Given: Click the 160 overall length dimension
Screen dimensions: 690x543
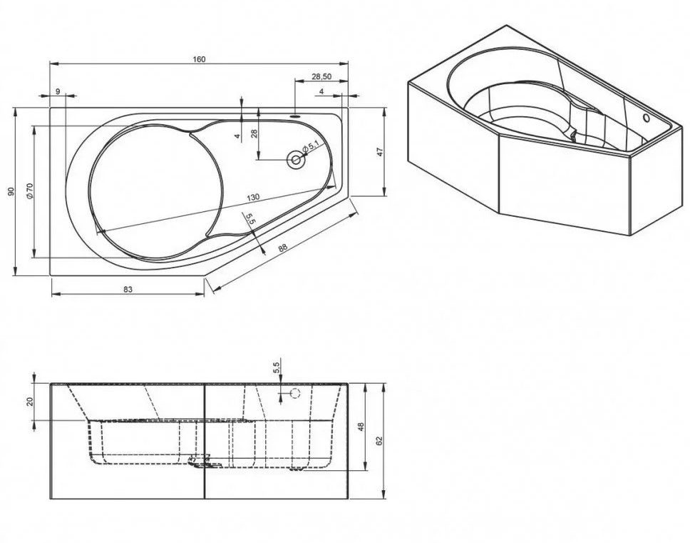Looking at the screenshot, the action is pyautogui.click(x=200, y=59).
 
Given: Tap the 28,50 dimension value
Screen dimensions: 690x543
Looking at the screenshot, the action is pyautogui.click(x=321, y=76).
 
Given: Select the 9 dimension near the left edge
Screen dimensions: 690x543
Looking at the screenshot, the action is pyautogui.click(x=58, y=91).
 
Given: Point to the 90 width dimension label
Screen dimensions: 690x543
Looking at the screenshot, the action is pyautogui.click(x=11, y=191).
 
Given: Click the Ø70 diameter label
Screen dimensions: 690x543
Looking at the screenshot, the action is pyautogui.click(x=29, y=191).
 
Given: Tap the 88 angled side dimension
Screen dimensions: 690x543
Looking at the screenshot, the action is pyautogui.click(x=282, y=248).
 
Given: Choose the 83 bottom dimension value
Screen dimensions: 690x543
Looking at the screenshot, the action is pyautogui.click(x=128, y=289).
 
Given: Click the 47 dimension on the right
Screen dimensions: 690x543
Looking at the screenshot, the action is pyautogui.click(x=381, y=151).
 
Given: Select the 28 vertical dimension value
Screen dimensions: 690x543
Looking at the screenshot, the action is pyautogui.click(x=254, y=134).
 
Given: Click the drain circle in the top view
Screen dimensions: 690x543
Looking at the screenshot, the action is pyautogui.click(x=295, y=161).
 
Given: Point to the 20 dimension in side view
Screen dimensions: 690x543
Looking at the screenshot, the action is pyautogui.click(x=30, y=401).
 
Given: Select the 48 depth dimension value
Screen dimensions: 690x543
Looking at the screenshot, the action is pyautogui.click(x=361, y=426).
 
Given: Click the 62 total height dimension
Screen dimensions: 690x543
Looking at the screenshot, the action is pyautogui.click(x=380, y=440).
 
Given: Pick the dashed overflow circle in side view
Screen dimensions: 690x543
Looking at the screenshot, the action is pyautogui.click(x=295, y=393).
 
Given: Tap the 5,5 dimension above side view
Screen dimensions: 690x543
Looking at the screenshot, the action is pyautogui.click(x=277, y=367).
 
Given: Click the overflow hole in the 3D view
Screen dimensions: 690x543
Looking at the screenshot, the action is pyautogui.click(x=646, y=118).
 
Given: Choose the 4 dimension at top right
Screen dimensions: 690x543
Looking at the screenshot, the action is pyautogui.click(x=321, y=91).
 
